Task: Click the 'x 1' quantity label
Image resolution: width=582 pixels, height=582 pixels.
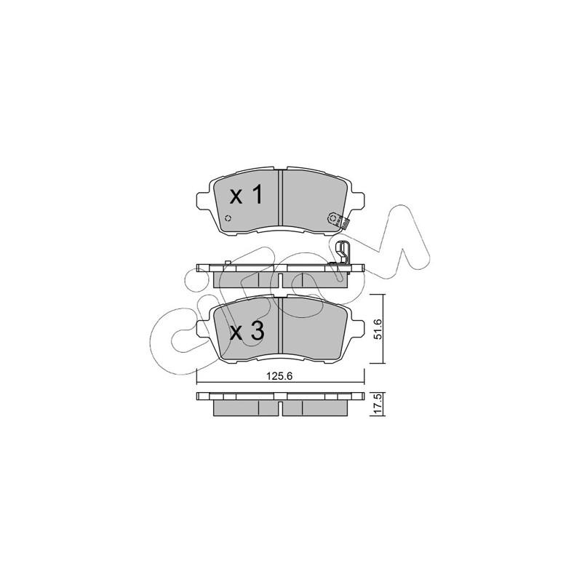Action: click(x=246, y=195)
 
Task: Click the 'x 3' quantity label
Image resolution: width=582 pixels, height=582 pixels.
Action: click(x=247, y=332)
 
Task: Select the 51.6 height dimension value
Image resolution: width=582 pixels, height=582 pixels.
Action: click(x=377, y=329)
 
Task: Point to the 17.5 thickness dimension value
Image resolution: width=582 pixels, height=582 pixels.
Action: click(x=377, y=404)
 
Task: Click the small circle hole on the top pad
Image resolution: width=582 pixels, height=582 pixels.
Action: click(x=228, y=218)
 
